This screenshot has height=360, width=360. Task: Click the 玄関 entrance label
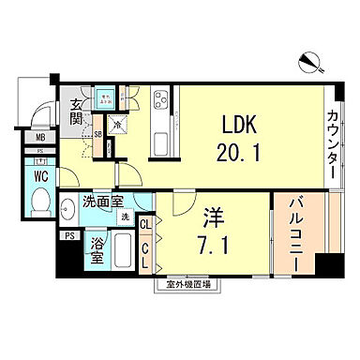[72, 111]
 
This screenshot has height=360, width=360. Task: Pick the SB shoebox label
[98, 134]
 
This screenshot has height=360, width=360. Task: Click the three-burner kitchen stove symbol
[160, 99]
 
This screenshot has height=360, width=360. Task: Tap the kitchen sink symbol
[160, 142]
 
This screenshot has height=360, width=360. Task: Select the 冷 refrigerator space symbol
[117, 123]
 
